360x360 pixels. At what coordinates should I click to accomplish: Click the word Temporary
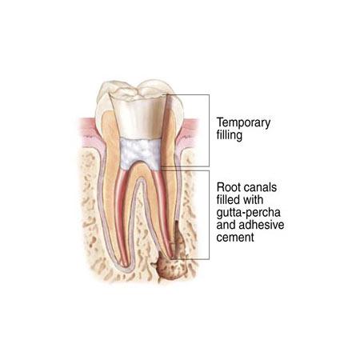[243, 123]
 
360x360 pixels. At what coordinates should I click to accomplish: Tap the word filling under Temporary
[230, 135]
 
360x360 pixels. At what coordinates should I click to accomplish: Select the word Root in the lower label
[228, 187]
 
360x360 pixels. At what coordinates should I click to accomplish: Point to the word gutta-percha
[249, 213]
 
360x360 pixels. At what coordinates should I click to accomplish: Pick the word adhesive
[262, 225]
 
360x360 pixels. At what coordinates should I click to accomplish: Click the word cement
[235, 238]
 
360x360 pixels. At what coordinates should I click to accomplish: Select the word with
[253, 200]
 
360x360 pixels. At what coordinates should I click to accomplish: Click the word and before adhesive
[226, 225]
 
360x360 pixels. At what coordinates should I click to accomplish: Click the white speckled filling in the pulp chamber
[141, 154]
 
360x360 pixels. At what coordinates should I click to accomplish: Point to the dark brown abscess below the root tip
[170, 268]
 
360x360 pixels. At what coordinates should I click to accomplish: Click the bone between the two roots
[141, 226]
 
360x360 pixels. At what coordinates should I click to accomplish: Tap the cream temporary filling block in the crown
[138, 118]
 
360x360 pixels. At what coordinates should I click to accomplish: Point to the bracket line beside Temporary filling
[209, 130]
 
